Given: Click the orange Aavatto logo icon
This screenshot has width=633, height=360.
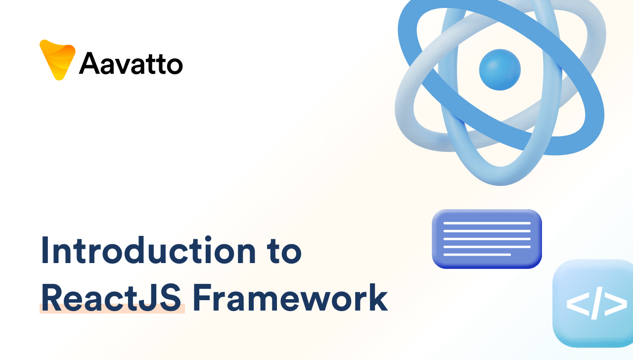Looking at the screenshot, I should pos(57,59).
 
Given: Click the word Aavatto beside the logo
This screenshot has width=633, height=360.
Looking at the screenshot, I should pos(131,63).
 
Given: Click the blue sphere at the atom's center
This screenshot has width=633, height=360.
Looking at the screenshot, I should pos(500,70).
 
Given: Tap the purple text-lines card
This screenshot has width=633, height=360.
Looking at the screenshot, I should pos(487,239).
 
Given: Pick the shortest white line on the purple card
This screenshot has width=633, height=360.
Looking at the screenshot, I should pos(477,255).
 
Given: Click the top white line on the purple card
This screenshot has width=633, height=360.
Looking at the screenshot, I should pos(487,223).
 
